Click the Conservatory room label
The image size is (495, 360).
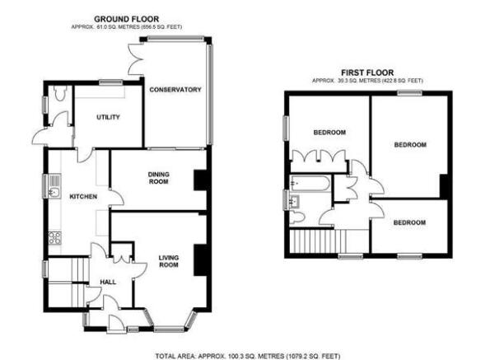pos(175,90)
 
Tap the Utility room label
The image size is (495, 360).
pos(108,117)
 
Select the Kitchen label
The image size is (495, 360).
pos(83,196)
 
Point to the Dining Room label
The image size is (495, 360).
pos(158,178)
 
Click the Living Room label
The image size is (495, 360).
pos(169,261)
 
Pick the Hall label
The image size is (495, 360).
pos(108,282)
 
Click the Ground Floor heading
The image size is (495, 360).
pos(127,19)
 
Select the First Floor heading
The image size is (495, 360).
pos(367,72)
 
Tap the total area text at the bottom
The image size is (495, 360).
pos(248,356)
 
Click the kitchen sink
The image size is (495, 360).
pos(54,192)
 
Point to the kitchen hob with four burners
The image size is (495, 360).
pos(55,238)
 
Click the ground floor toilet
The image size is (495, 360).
pos(59,92)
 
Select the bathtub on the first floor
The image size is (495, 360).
pos(310,183)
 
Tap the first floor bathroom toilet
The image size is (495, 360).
pos(297,217)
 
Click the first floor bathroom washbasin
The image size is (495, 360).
pos(295,201)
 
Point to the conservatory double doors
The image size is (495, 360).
pos(136,59)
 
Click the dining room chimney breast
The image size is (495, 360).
pos(200,180)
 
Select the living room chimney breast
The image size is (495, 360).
pos(200,259)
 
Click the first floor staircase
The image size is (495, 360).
pos(318,241)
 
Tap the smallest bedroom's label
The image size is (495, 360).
pos(409,222)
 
